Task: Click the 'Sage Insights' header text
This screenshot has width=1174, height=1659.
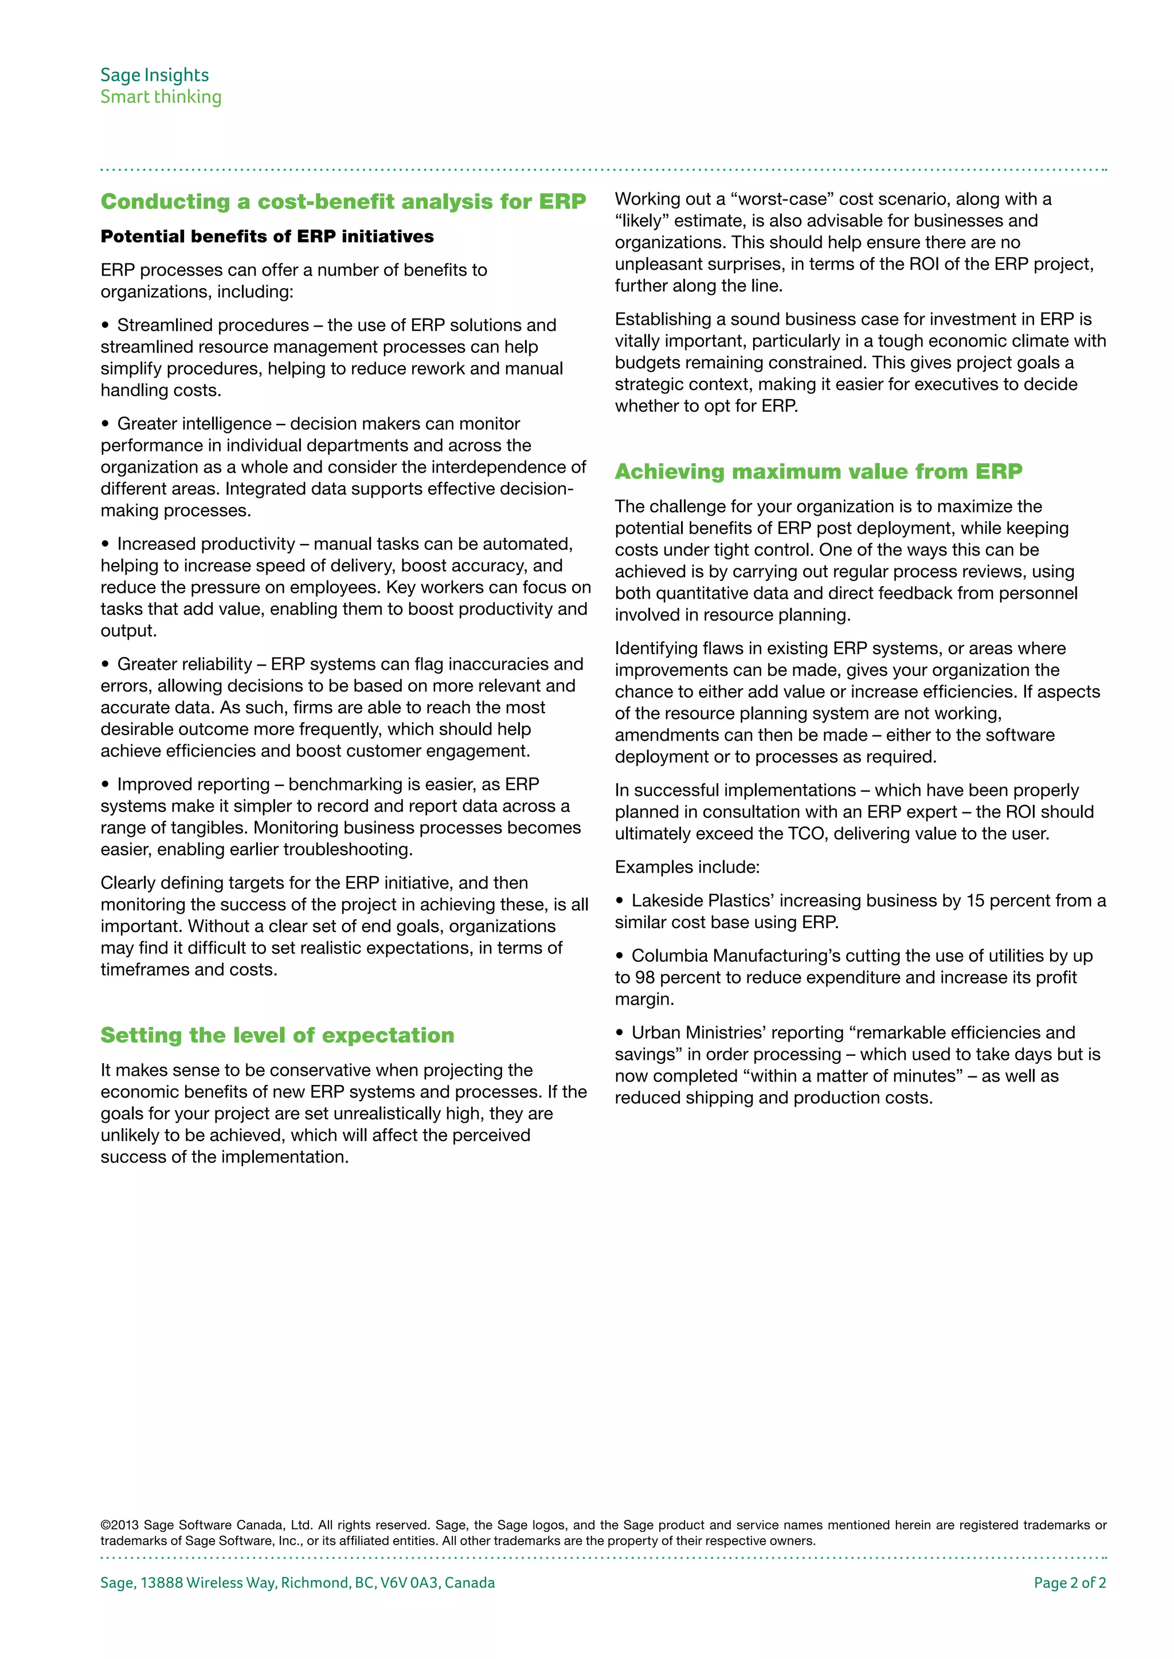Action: click(x=154, y=75)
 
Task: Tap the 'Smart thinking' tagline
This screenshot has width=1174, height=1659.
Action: click(x=161, y=97)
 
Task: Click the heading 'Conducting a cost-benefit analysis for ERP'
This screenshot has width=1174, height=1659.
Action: click(x=343, y=202)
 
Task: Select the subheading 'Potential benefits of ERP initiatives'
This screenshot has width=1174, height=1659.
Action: click(x=267, y=236)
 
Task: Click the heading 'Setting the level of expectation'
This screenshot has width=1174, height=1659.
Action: click(x=277, y=1035)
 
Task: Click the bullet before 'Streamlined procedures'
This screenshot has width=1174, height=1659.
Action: click(x=105, y=325)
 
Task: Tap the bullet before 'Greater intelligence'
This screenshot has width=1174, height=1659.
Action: click(x=105, y=423)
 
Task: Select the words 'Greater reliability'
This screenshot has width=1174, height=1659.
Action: click(x=185, y=664)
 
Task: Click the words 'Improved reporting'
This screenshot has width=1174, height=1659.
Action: click(x=193, y=784)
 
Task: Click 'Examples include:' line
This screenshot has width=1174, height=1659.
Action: click(x=687, y=867)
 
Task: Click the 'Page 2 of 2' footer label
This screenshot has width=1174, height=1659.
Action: click(x=1069, y=1582)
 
